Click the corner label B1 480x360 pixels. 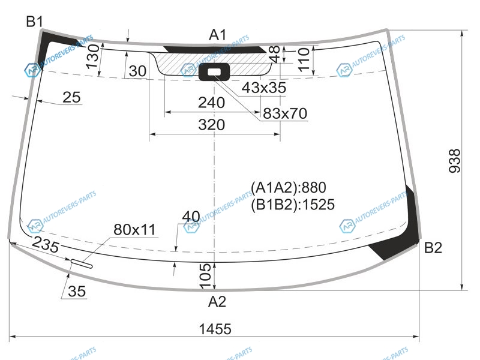pyautogui.click(x=35, y=22)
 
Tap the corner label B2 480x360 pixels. pyautogui.click(x=433, y=248)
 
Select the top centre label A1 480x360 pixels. pyautogui.click(x=218, y=35)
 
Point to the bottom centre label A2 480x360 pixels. pyautogui.click(x=217, y=302)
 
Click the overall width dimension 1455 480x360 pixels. pyautogui.click(x=215, y=329)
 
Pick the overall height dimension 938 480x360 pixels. pyautogui.click(x=455, y=161)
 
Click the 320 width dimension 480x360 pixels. pyautogui.click(x=212, y=125)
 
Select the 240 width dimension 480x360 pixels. pyautogui.click(x=212, y=103)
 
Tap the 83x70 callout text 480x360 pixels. pyautogui.click(x=284, y=113)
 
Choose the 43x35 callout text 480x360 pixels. pyautogui.click(x=264, y=88)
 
